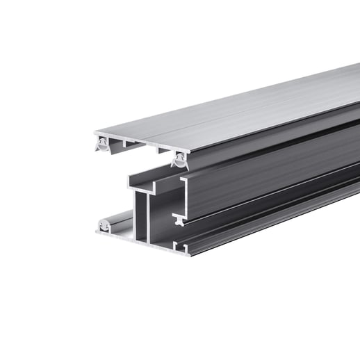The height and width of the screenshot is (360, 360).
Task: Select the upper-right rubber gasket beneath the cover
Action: [179, 162]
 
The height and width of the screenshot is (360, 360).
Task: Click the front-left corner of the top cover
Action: [95, 133]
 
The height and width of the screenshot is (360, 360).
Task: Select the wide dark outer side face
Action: [278, 174]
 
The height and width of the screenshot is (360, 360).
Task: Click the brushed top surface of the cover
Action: [236, 111]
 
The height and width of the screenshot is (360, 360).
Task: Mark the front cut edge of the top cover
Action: [139, 142]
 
